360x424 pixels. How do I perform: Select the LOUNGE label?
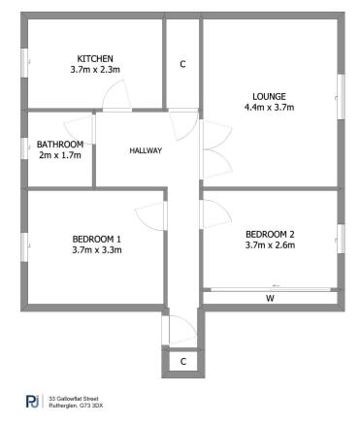click(x=269, y=95)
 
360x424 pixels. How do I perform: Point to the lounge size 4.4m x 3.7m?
click(x=269, y=108)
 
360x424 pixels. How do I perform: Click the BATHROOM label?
click(x=60, y=144)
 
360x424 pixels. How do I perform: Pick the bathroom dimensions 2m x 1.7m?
click(x=60, y=155)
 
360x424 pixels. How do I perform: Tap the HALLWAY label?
click(x=146, y=150)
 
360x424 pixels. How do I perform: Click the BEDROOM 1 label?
click(x=97, y=239)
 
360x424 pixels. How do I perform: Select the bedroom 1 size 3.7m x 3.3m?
click(x=97, y=250)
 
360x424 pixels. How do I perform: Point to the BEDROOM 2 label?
click(x=270, y=234)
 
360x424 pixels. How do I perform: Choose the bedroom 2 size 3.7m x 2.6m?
click(x=270, y=245)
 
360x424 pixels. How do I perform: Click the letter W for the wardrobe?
click(x=270, y=299)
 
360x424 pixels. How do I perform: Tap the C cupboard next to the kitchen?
click(x=182, y=64)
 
